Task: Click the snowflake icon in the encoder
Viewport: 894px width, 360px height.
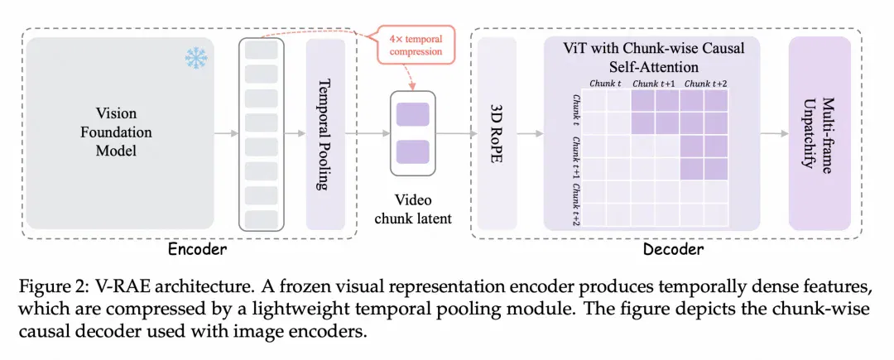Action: [x=196, y=59]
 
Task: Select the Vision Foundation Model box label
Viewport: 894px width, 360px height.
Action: [x=116, y=132]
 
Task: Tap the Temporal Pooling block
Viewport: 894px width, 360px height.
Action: [x=325, y=134]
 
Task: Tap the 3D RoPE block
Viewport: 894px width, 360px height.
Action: [x=497, y=134]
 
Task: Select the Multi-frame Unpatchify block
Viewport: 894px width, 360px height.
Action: [x=819, y=134]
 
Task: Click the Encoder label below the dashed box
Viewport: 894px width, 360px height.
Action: [x=197, y=249]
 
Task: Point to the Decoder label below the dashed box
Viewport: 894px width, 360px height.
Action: [x=673, y=249]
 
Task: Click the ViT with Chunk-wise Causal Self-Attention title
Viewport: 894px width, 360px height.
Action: [x=651, y=57]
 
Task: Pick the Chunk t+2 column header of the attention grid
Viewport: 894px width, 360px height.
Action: [x=705, y=84]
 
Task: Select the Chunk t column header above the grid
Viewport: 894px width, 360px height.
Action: [x=605, y=84]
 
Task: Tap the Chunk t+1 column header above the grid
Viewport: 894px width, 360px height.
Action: [x=654, y=84]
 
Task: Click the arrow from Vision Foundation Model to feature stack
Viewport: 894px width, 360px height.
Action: [x=226, y=134]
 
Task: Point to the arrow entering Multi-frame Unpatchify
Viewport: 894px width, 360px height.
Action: [x=774, y=134]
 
